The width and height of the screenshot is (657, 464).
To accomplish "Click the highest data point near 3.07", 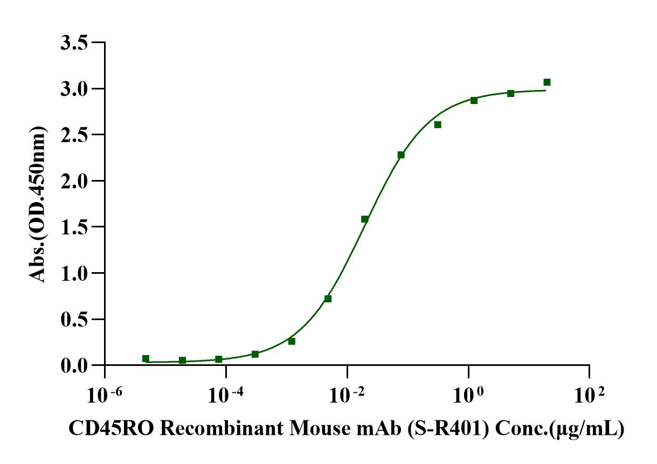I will (547, 82).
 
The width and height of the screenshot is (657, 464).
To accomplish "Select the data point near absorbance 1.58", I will (365, 219).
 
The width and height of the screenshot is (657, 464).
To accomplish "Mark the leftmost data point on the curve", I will (146, 358).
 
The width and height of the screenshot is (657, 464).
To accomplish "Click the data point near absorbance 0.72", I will (328, 299).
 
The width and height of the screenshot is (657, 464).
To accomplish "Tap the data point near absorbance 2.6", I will (438, 124).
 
